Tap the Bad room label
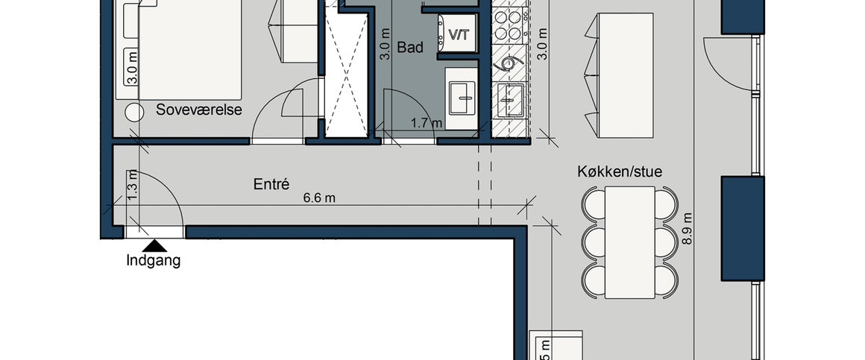coord(410,48)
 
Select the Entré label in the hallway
coord(271,183)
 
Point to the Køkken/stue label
coord(619,171)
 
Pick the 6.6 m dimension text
coord(319,198)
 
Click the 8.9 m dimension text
coord(688,231)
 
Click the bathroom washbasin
coord(463,95)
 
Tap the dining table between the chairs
coord(629,240)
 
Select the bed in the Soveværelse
coord(190,48)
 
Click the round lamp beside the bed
coord(134,112)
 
